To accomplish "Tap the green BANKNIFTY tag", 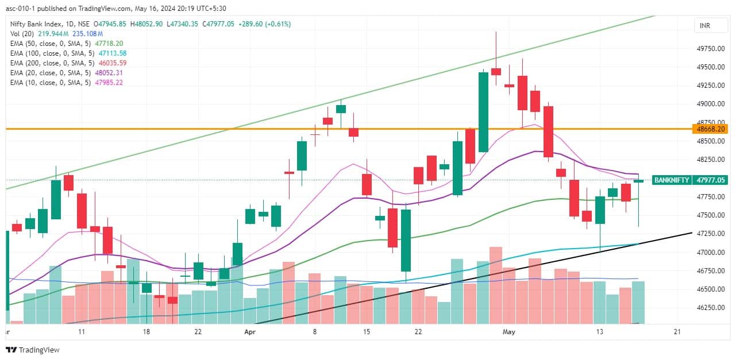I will (x=672, y=180).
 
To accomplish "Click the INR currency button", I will (x=704, y=26).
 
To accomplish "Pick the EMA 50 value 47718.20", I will (x=108, y=44).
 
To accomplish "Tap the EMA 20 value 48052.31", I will (x=107, y=73).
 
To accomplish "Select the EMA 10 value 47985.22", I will (x=107, y=83).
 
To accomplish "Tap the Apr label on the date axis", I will (x=250, y=332).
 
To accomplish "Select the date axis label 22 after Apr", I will (x=419, y=332).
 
